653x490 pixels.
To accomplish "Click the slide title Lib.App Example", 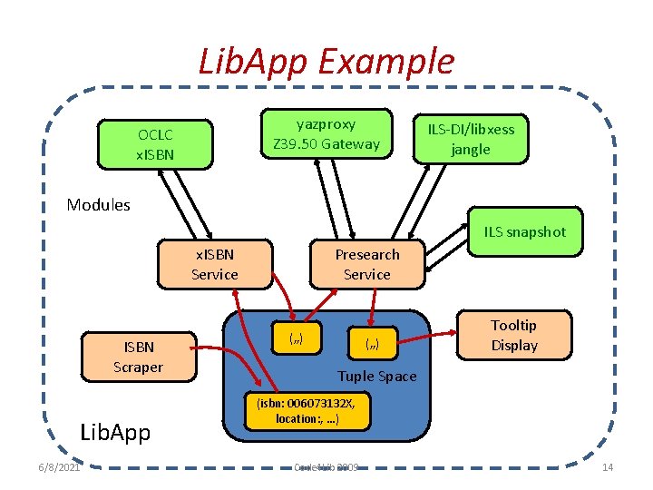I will coord(326,62).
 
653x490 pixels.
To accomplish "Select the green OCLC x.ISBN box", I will coord(155,144).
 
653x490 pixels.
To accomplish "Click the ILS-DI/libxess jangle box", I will coord(470,139).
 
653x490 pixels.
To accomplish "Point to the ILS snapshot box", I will coord(524,232).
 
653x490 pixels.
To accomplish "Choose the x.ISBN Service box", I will coord(215,264).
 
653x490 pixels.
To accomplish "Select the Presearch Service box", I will coord(366,264).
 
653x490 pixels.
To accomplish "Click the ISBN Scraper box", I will coord(138,357).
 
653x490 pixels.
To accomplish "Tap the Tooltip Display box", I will coord(514,335).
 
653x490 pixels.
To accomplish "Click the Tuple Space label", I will coord(376,376).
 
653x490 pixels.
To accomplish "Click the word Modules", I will coord(98,205).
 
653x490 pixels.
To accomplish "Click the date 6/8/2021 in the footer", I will coord(59,467).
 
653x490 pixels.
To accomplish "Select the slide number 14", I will coord(608,467).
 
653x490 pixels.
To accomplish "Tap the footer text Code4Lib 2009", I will coord(326,467).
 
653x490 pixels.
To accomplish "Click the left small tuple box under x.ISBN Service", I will coord(295,339).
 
